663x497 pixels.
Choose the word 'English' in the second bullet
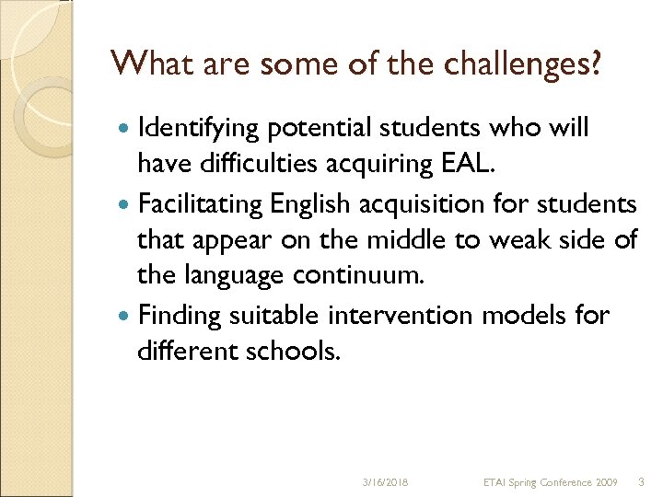click(x=300, y=203)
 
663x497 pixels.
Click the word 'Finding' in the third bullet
click(x=179, y=315)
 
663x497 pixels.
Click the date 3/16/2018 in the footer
click(x=386, y=481)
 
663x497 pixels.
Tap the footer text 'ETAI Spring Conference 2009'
click(x=551, y=481)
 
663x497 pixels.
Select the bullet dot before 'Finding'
click(x=125, y=316)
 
